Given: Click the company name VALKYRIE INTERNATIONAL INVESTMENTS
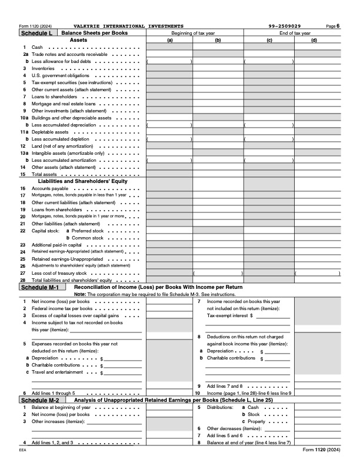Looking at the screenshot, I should [128, 26].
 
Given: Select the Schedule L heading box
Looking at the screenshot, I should [36, 34].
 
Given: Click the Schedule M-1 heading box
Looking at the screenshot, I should [40, 288].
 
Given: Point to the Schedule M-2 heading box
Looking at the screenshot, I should [40, 400].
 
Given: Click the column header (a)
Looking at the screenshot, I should [170, 40].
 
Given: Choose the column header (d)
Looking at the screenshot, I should [314, 40].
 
